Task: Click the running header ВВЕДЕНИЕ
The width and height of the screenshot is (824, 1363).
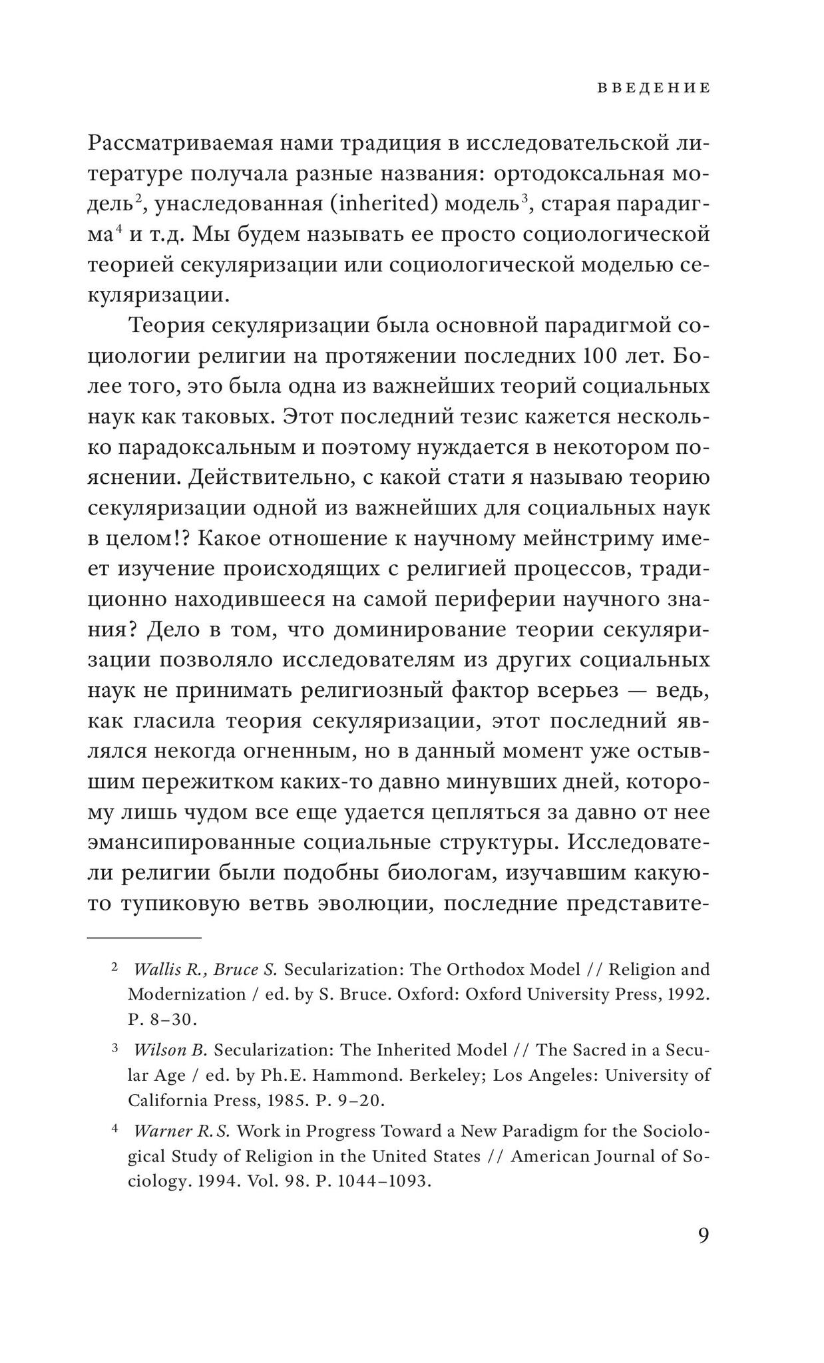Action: tap(653, 88)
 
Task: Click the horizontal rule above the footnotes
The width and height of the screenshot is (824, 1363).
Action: tap(144, 938)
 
